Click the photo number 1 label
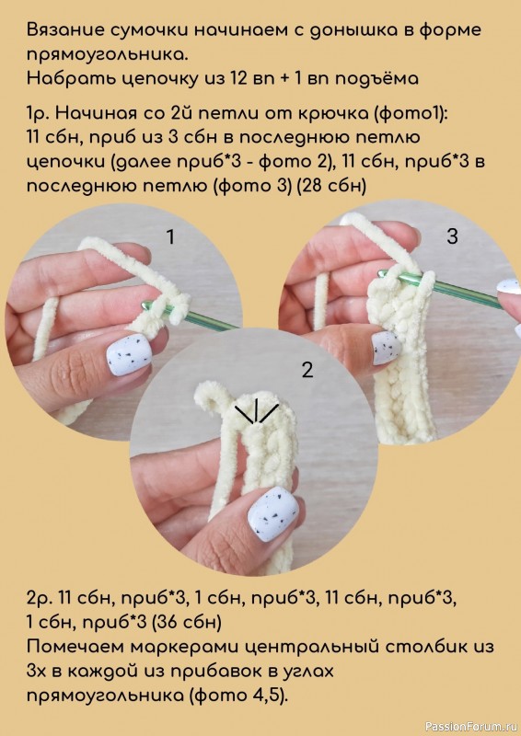click(170, 237)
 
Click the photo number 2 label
click(307, 371)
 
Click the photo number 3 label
click(452, 236)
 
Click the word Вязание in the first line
click(64, 30)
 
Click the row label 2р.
click(40, 599)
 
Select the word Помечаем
click(76, 648)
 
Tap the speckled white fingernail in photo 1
click(128, 356)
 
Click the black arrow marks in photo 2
click(256, 412)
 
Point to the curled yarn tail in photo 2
click(210, 397)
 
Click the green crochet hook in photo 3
click(442, 290)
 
